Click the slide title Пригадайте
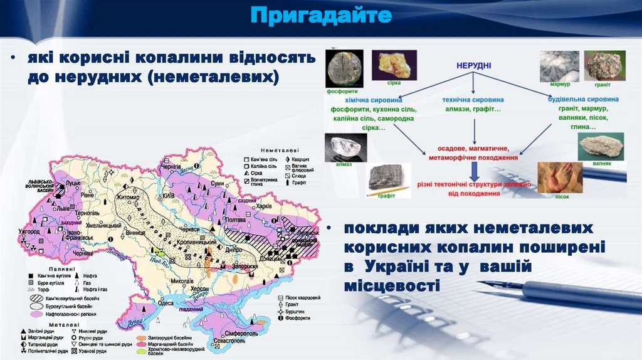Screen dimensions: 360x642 (321, 16)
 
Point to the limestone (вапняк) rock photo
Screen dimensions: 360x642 (601, 147)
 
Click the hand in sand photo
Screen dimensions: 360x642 (560, 177)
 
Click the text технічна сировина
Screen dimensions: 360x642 (473, 100)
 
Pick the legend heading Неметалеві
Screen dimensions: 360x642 (280, 151)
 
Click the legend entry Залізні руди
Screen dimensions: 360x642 (42, 330)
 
